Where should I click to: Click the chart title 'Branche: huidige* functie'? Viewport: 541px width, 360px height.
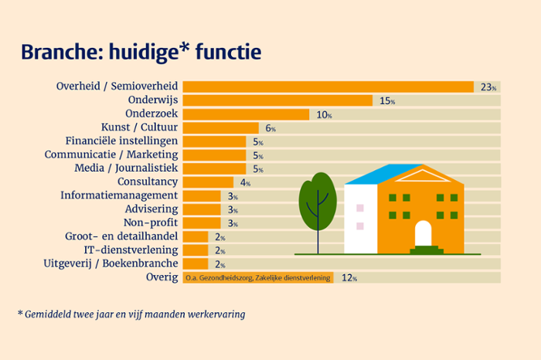pos(141,52)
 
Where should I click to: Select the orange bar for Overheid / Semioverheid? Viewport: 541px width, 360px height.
pos(328,87)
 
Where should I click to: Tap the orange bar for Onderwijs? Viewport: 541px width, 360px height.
pos(277,100)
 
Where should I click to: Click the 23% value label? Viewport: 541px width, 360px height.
pos(488,87)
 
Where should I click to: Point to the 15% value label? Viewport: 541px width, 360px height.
pos(386,101)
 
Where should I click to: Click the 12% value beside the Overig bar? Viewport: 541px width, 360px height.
pos(348,278)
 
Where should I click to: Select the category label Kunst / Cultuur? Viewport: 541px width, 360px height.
pos(140,127)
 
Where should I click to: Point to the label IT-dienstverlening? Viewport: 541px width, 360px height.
pos(131,250)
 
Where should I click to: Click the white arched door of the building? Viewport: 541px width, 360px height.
pos(423,234)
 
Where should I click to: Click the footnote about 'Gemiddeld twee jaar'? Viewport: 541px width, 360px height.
pos(131,315)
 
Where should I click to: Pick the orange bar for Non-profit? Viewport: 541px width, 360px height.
pos(202,223)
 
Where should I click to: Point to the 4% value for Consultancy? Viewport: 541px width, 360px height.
pos(245,183)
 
